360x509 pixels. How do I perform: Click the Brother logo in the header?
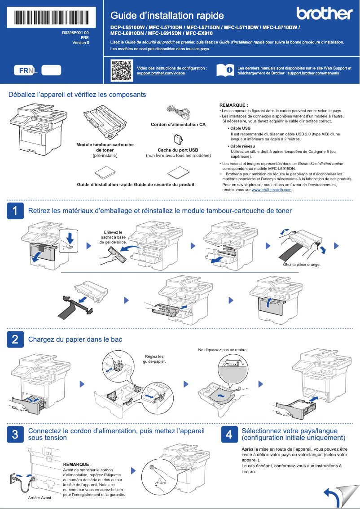[324, 13]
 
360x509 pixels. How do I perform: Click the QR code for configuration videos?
[121, 70]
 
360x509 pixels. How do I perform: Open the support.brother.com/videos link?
[161, 73]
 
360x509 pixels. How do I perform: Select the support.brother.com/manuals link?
[313, 73]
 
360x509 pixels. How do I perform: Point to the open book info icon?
[224, 70]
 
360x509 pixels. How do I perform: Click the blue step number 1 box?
[15, 211]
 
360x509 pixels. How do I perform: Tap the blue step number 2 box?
[15, 339]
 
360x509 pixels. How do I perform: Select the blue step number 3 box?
[15, 434]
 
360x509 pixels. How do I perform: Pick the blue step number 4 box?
[229, 434]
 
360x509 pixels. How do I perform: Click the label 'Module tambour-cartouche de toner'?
[105, 148]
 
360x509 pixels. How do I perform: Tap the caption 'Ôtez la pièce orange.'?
[301, 265]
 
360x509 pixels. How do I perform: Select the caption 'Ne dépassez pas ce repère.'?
[223, 349]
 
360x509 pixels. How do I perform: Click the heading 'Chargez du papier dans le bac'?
[75, 339]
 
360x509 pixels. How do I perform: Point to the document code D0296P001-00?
[75, 33]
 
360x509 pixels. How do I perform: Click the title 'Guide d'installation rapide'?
[167, 16]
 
